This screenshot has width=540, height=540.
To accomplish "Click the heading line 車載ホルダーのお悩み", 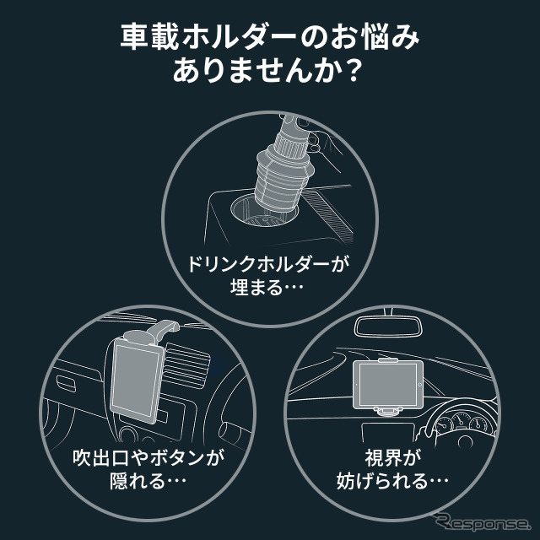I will (270, 40).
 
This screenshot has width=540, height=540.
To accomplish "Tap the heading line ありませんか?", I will (270, 73).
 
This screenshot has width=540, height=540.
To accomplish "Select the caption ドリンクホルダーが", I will (269, 262).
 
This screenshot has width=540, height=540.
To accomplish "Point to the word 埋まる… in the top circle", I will (269, 287).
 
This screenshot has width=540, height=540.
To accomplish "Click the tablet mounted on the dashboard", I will (387, 385).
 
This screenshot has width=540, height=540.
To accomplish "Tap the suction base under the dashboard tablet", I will (387, 411).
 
